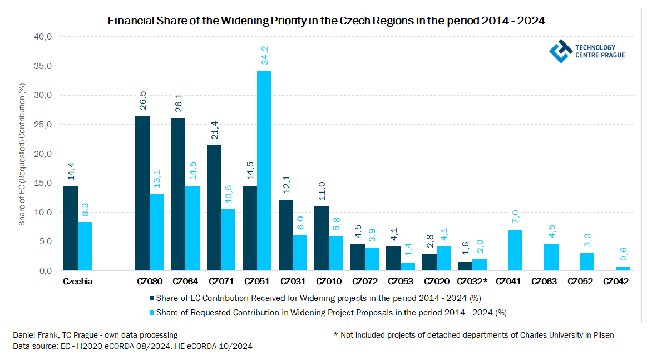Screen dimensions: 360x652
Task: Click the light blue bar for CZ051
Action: (x=264, y=170)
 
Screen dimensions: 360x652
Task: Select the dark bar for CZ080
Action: (x=142, y=193)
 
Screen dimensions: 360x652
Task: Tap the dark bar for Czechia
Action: (x=71, y=228)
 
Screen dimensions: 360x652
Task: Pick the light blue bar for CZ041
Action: (x=515, y=250)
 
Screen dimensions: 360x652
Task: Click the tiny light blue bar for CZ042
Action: (x=623, y=269)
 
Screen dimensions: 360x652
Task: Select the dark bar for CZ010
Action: (x=322, y=238)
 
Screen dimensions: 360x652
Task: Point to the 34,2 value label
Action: (x=265, y=57)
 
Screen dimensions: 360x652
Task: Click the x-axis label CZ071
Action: (x=221, y=282)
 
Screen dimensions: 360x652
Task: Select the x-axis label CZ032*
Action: (x=472, y=282)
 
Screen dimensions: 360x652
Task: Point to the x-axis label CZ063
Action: (x=544, y=282)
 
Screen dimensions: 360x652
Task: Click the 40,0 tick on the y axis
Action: (x=43, y=37)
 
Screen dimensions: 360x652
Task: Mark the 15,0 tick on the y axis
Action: (x=43, y=183)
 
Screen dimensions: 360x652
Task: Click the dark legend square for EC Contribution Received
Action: (x=152, y=298)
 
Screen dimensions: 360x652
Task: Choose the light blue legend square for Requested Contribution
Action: (x=152, y=313)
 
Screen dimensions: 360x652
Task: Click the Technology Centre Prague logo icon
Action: (x=561, y=51)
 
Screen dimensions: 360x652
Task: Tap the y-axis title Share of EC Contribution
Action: (x=23, y=154)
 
